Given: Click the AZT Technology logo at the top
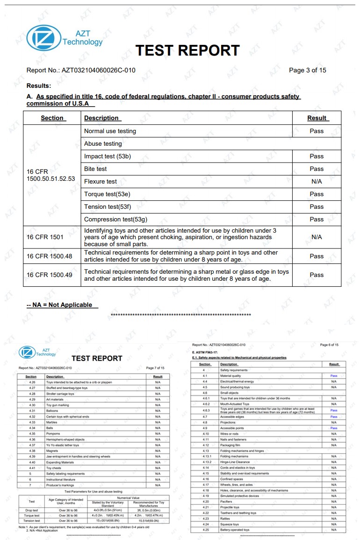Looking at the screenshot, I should click(64, 38).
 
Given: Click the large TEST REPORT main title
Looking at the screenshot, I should click(187, 50).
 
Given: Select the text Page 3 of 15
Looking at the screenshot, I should click(307, 71).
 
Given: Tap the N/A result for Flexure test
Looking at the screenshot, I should click(317, 181).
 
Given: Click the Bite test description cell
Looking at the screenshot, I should click(95, 169).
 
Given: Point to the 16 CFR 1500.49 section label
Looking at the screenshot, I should click(50, 275).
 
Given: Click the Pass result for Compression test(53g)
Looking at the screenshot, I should click(317, 219).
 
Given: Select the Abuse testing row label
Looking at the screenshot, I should click(103, 143).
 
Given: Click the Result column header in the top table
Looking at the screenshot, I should click(317, 118).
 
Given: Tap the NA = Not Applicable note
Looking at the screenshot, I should click(59, 305).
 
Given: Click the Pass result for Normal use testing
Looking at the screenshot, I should click(317, 131).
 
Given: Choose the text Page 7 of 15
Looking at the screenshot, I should click(155, 368).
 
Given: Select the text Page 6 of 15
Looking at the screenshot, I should click(329, 345).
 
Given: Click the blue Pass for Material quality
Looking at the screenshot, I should click(333, 376).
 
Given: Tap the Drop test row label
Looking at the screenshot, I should click(32, 511).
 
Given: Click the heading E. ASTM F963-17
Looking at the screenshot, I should click(205, 353).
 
